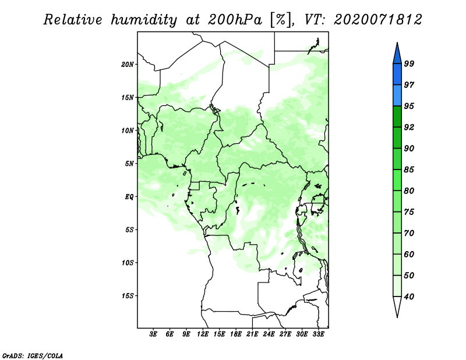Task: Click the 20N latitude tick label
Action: pyautogui.click(x=128, y=64)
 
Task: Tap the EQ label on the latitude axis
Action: pyautogui.click(x=129, y=196)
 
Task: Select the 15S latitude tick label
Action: pyautogui.click(x=128, y=296)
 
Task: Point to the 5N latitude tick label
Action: pyautogui.click(x=129, y=164)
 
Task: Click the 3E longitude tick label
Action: pyautogui.click(x=153, y=334)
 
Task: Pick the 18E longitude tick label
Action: pyautogui.click(x=236, y=334)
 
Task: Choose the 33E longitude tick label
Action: pyautogui.click(x=318, y=334)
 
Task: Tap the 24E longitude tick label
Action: pyautogui.click(x=269, y=334)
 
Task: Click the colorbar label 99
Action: pyautogui.click(x=409, y=63)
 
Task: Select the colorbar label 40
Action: pyautogui.click(x=409, y=297)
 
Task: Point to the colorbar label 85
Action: pyautogui.click(x=409, y=170)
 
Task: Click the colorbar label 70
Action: pyautogui.click(x=409, y=233)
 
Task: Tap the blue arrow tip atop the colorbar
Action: pyautogui.click(x=397, y=43)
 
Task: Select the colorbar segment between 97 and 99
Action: pyautogui.click(x=397, y=75)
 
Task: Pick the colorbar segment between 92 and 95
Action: pyautogui.click(x=397, y=117)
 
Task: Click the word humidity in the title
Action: pyautogui.click(x=144, y=20)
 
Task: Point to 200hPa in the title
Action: pyautogui.click(x=235, y=20)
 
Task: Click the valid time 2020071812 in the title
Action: pyautogui.click(x=377, y=20)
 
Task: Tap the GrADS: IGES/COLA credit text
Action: pyautogui.click(x=33, y=355)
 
